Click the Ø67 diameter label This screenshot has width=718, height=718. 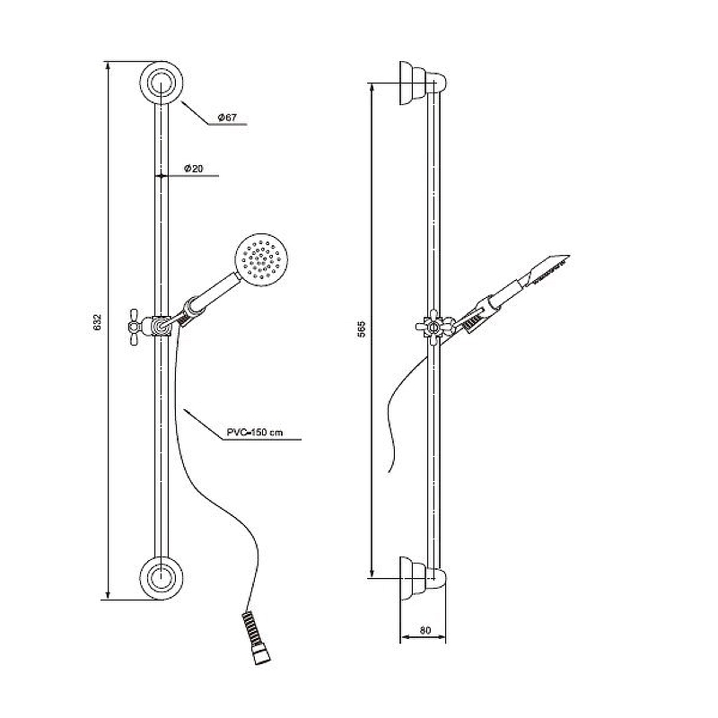[227, 118]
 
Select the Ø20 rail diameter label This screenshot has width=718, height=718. [193, 169]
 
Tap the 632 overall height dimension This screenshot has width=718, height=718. [97, 323]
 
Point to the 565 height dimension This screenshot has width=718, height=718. [362, 329]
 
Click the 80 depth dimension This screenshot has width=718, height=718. [425, 630]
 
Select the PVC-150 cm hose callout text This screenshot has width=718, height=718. [255, 433]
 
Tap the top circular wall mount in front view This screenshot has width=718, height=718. [162, 83]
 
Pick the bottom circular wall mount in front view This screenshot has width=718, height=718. [162, 578]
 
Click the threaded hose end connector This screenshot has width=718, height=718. [257, 637]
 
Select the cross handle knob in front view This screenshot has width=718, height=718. [136, 326]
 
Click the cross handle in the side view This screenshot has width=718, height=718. [433, 327]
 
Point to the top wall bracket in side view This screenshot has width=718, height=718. [422, 83]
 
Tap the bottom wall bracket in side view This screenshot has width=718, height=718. [422, 578]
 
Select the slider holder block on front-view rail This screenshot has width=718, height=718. [161, 326]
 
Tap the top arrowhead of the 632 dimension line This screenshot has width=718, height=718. [108, 66]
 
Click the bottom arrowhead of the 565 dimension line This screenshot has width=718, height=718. [372, 573]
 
